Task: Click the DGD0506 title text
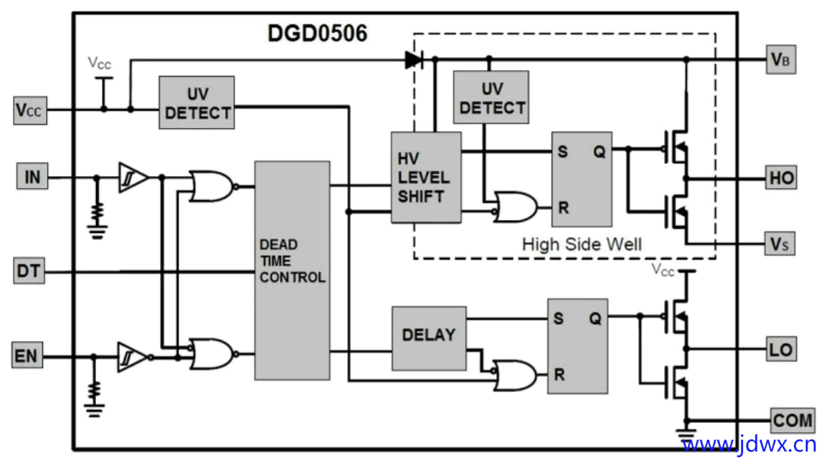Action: tap(318, 34)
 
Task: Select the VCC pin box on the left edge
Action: tap(30, 110)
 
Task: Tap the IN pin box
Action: tap(32, 176)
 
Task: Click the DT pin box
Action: tap(29, 271)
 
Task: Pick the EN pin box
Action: tap(27, 355)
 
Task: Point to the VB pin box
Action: tap(780, 59)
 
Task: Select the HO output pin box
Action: tap(781, 178)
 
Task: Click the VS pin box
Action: tap(780, 244)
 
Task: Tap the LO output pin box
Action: tap(781, 349)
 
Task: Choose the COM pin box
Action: tap(792, 421)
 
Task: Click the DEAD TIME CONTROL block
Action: tap(292, 270)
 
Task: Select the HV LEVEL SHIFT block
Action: tap(426, 178)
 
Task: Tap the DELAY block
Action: tap(429, 338)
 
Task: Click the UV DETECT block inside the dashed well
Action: tap(491, 97)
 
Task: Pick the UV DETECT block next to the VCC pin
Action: tap(197, 102)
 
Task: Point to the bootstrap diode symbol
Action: tap(414, 59)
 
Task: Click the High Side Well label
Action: tap(581, 244)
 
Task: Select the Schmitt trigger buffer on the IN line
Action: tap(133, 178)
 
